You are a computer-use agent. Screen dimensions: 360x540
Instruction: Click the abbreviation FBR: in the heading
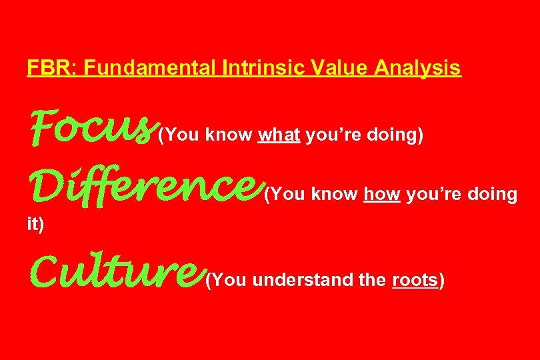point(43,68)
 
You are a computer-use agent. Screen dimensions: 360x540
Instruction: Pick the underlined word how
point(382,195)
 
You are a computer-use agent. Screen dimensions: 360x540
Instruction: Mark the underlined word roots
point(415,281)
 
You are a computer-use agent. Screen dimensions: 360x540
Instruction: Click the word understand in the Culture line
point(303,281)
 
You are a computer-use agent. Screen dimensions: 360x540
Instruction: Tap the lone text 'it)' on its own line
point(35,225)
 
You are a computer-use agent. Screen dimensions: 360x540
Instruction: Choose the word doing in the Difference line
point(492,195)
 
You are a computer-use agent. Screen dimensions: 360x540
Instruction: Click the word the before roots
point(372,281)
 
